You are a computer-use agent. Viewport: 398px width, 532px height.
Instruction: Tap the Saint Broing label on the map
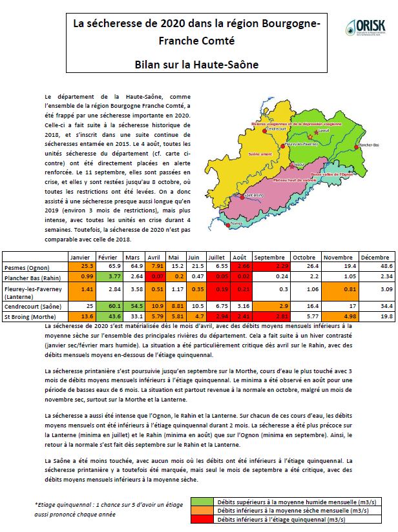pos(254,194)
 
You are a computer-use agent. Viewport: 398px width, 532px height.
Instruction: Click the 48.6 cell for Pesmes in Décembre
pos(372,266)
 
